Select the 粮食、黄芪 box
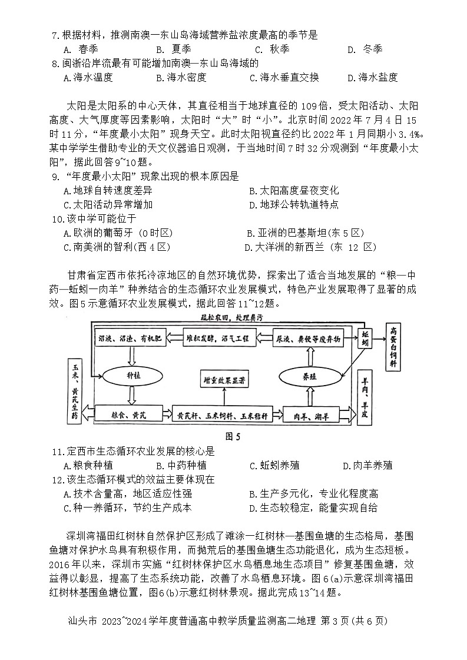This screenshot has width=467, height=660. pos(129,414)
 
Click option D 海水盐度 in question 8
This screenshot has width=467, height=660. pos(372,77)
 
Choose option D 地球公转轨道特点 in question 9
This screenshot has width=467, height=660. pos(293,205)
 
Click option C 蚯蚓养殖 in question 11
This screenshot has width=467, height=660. pos(274,465)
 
